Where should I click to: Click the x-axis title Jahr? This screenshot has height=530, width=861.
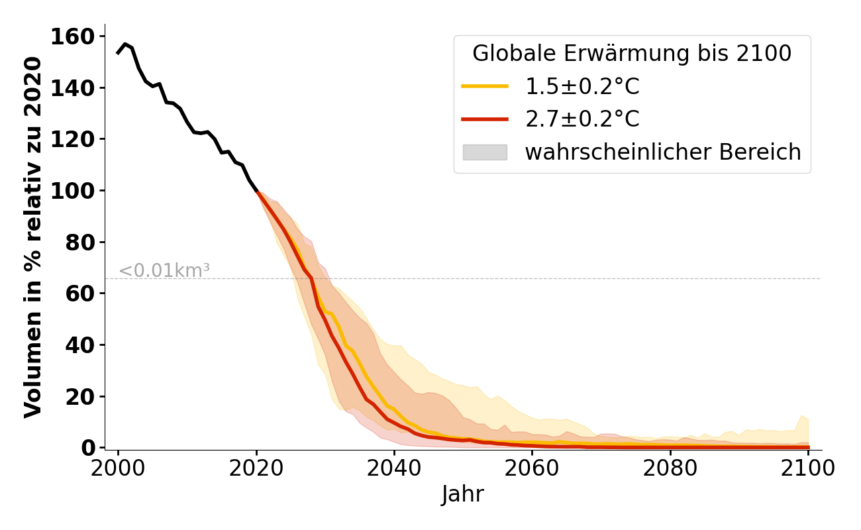point(463,494)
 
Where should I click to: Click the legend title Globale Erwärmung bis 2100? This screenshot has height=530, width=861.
point(632,54)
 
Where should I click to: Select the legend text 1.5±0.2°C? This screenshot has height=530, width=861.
point(582,87)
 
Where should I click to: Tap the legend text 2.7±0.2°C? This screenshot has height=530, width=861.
point(582,119)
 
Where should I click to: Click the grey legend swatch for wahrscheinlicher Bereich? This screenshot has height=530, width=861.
point(485,152)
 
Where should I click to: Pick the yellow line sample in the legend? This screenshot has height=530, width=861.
point(485,87)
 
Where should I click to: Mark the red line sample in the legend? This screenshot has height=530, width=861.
point(485,119)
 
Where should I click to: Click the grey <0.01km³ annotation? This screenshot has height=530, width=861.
point(164,271)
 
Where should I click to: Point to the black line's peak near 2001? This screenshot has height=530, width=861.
point(125,44)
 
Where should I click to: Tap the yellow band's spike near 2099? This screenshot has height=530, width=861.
point(802,417)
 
